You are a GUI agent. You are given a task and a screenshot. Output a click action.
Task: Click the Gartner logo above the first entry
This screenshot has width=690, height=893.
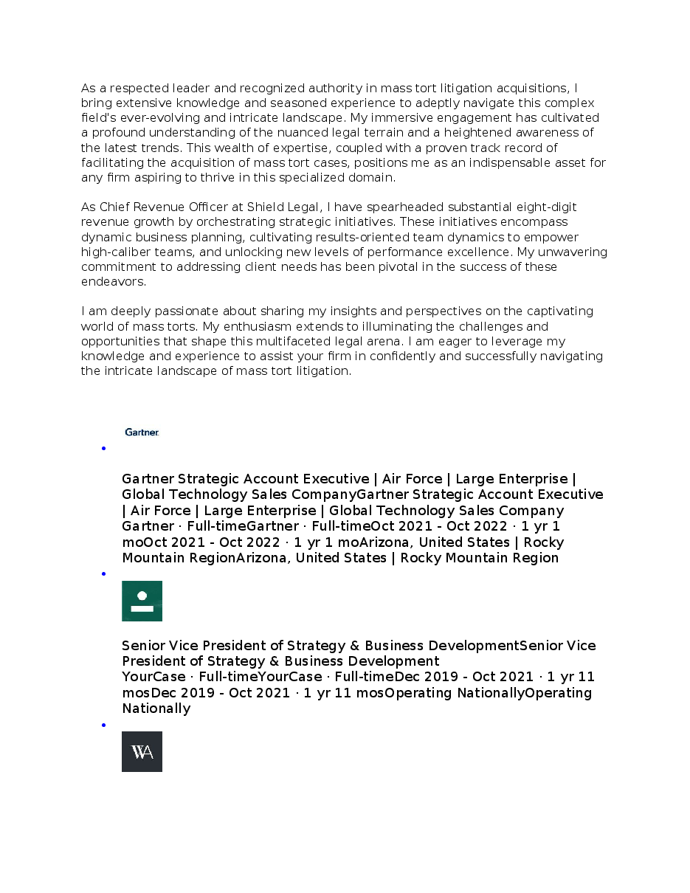(x=142, y=432)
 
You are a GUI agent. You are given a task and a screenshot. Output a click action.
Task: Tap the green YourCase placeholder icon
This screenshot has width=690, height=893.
(x=142, y=601)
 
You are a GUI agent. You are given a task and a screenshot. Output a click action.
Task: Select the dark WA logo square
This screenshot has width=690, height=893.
(x=142, y=751)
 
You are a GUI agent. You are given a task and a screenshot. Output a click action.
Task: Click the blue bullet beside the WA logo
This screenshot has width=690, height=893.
(x=104, y=725)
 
